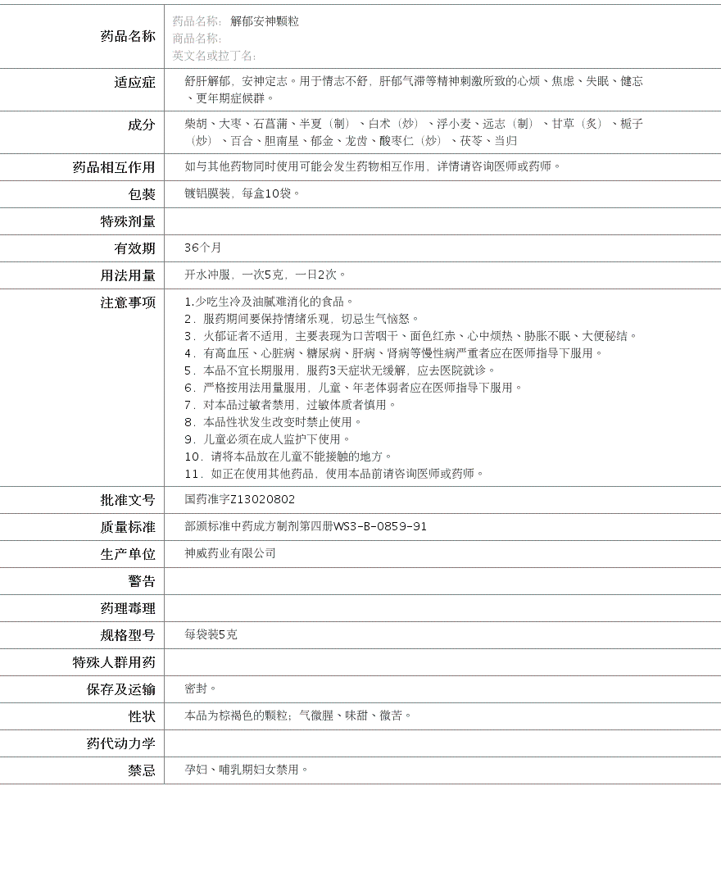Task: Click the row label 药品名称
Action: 128,36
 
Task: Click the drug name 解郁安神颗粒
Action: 264,21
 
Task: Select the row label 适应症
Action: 134,82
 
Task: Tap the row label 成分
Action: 141,125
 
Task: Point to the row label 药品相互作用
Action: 114,167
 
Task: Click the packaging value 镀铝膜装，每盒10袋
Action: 242,193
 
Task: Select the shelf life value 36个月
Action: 202,248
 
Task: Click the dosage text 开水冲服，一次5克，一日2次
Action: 265,275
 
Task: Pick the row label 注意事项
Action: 128,302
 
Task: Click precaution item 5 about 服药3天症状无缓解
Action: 340,370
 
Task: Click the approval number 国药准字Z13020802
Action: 239,499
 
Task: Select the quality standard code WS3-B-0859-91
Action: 379,526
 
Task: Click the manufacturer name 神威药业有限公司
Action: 230,553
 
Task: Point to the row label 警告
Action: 141,581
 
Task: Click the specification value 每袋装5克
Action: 211,634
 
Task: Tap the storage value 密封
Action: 200,688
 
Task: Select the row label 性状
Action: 141,716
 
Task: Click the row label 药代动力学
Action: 120,743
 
